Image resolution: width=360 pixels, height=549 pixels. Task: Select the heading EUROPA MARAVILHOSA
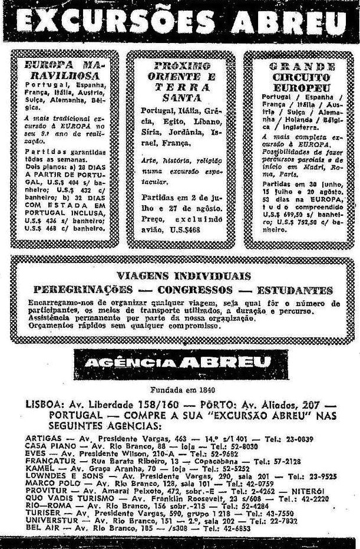[64, 70]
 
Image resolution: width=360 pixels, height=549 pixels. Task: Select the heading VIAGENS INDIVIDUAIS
[183, 275]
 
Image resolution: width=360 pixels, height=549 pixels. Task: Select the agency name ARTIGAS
[42, 439]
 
